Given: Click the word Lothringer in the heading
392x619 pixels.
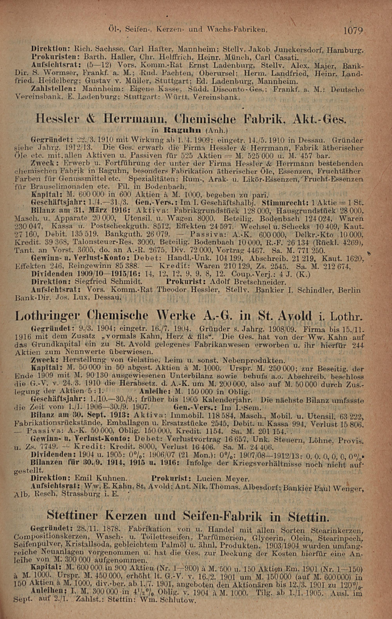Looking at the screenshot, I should coord(48,315).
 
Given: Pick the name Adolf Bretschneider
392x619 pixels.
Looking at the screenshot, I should coord(248,282).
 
